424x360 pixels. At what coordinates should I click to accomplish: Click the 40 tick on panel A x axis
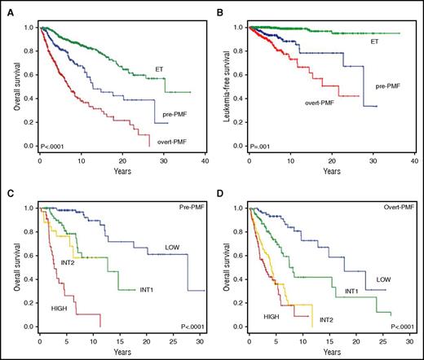click(x=203, y=163)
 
